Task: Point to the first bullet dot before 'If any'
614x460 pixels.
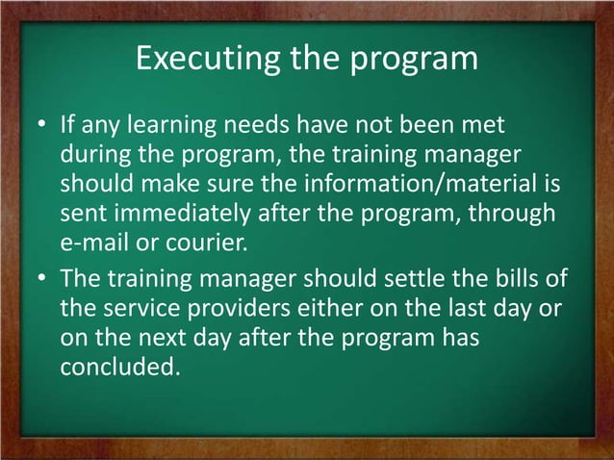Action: [42, 128]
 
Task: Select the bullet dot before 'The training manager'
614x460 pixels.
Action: [42, 279]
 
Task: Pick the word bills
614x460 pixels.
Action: [522, 279]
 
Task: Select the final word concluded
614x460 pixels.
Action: [119, 367]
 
